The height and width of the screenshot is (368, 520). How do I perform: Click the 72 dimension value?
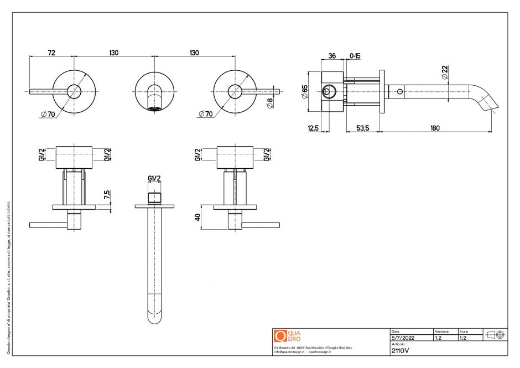tap(51, 53)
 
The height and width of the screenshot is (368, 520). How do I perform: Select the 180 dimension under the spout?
tap(435, 128)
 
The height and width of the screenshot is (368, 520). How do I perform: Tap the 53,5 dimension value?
tap(362, 128)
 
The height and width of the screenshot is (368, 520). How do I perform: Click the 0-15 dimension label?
tap(355, 55)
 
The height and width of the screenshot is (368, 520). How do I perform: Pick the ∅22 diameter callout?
tap(445, 72)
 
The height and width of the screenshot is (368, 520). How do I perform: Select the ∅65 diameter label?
tap(305, 91)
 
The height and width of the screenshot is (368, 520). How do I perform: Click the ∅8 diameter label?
tap(269, 103)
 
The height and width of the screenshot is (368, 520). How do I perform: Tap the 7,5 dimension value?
tap(107, 195)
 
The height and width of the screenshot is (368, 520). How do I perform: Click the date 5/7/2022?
tap(403, 337)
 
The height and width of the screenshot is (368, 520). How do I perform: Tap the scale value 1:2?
tap(463, 337)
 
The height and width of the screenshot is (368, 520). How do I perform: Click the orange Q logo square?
tap(280, 336)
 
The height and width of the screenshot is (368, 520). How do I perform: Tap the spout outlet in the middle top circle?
tap(154, 107)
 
